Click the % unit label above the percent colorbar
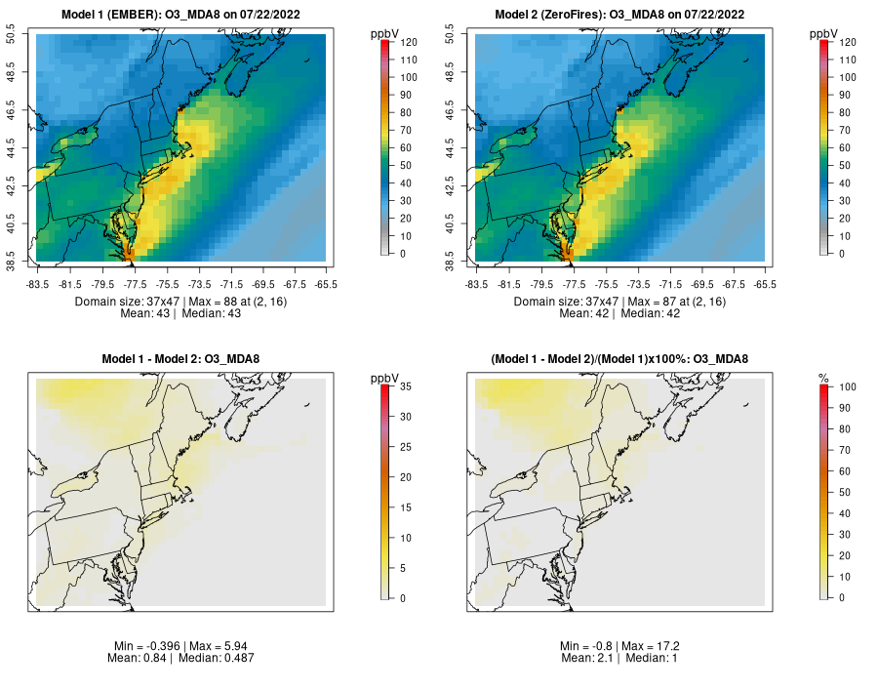pyautogui.click(x=823, y=378)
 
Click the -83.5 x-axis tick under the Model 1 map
pyautogui.click(x=37, y=284)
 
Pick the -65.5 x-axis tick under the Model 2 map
pyautogui.click(x=765, y=284)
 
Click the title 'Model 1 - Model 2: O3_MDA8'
pyautogui.click(x=180, y=359)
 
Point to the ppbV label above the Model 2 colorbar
pyautogui.click(x=823, y=34)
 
